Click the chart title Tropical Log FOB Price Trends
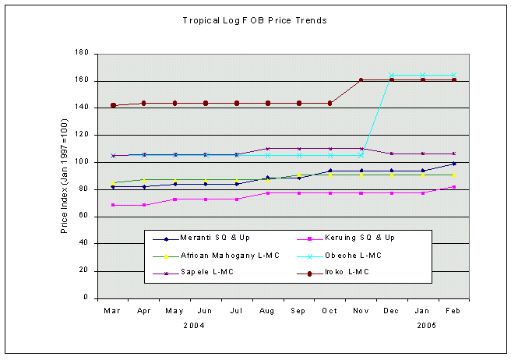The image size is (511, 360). click(x=254, y=20)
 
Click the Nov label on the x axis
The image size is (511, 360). click(x=361, y=311)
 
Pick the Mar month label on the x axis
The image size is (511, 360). click(x=113, y=311)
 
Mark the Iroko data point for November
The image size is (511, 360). click(x=361, y=79)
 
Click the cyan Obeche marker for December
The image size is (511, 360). click(x=392, y=75)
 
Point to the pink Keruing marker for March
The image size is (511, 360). click(x=113, y=205)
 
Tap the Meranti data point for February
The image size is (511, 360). click(x=453, y=164)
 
